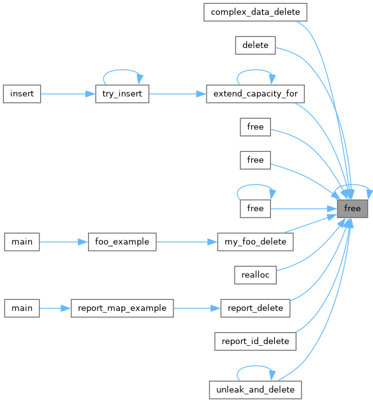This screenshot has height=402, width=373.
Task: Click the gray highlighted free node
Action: pos(352,209)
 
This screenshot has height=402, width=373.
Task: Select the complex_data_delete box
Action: pos(255,12)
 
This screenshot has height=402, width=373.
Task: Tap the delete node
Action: pos(255,45)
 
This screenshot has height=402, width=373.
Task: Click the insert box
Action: pos(22,94)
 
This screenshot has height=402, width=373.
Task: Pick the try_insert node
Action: pos(122,94)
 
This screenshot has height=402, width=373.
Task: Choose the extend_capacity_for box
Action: pos(255,94)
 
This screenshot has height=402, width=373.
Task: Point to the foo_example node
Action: pos(122,242)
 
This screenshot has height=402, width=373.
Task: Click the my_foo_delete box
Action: pos(255,242)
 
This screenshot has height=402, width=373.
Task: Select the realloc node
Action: pos(255,275)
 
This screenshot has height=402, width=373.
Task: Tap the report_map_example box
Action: pos(122,308)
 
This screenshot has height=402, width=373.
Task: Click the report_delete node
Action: pos(255,308)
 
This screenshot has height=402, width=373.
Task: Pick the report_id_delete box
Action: pos(255,341)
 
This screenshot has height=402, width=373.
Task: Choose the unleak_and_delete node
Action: pos(255,390)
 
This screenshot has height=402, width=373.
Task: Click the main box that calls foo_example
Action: pos(22,242)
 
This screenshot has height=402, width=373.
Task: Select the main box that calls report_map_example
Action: pos(22,308)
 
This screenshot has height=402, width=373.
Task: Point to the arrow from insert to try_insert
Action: pos(68,94)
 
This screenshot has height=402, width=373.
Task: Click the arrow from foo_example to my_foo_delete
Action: pos(187,242)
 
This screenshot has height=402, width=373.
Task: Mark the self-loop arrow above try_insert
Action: pos(122,70)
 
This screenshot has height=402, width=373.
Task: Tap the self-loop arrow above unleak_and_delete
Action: pos(255,366)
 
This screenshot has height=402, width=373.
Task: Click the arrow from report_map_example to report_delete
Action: pos(197,308)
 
